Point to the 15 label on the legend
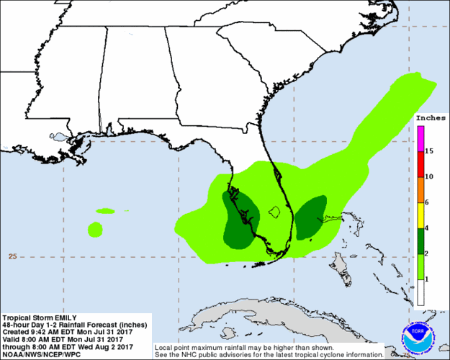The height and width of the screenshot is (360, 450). click(428, 151)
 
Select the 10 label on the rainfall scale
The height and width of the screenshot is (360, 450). click(428, 176)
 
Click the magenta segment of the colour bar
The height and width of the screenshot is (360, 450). click(420, 139)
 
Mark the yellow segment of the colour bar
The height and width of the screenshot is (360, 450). click(420, 215)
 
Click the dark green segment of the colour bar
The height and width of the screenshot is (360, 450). click(420, 240)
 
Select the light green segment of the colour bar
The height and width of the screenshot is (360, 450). click(420, 266)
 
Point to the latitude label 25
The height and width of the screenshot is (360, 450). click(12, 256)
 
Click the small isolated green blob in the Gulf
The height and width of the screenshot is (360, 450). click(94, 230)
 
